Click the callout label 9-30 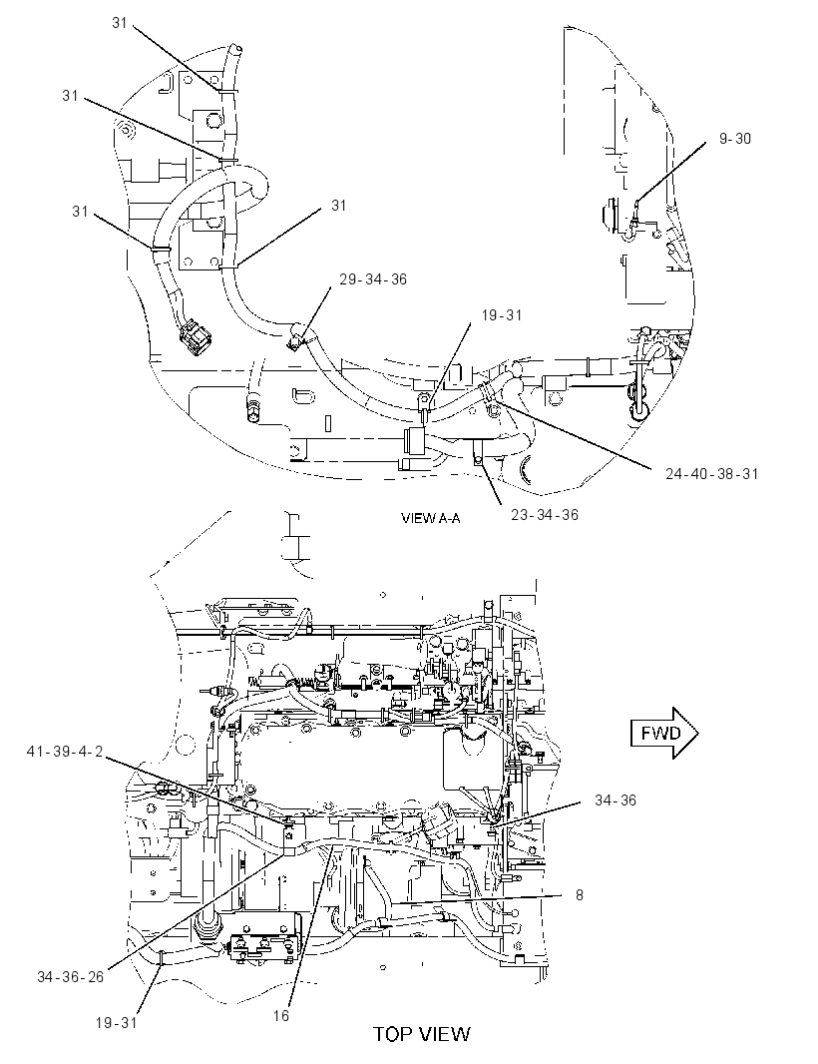click(734, 139)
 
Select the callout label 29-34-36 click(373, 279)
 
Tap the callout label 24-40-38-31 click(711, 474)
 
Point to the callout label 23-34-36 click(545, 515)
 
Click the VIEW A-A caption click(431, 518)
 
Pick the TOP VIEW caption click(421, 1033)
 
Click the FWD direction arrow click(664, 733)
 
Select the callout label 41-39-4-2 click(65, 752)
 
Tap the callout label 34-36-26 click(71, 976)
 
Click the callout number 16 click(280, 1015)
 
